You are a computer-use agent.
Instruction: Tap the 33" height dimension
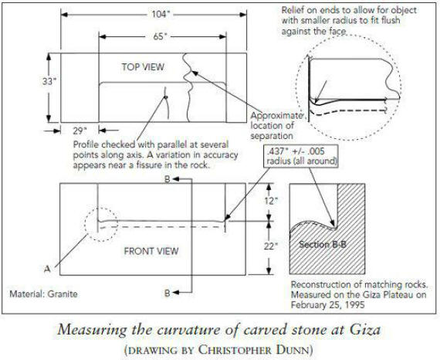pyautogui.click(x=49, y=81)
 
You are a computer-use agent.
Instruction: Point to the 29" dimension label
pyautogui.click(x=80, y=131)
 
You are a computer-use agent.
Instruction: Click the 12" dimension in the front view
pyautogui.click(x=271, y=201)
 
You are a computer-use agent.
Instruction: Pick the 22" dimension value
pyautogui.click(x=271, y=246)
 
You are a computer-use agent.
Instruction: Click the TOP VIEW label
pyautogui.click(x=143, y=67)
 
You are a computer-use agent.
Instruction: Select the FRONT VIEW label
pyautogui.click(x=151, y=251)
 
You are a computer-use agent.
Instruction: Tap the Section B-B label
pyautogui.click(x=323, y=245)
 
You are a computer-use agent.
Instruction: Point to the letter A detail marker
pyautogui.click(x=47, y=269)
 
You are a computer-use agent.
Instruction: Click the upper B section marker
pyautogui.click(x=168, y=179)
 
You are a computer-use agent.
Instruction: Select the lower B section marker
pyautogui.click(x=168, y=293)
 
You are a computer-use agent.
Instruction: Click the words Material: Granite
pyautogui.click(x=43, y=294)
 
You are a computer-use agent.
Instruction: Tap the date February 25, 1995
pyautogui.click(x=327, y=305)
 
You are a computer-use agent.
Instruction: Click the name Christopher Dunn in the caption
pyautogui.click(x=255, y=350)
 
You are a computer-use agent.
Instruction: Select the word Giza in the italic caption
pyautogui.click(x=365, y=330)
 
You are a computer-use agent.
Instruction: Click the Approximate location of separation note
pyautogui.click(x=276, y=126)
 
